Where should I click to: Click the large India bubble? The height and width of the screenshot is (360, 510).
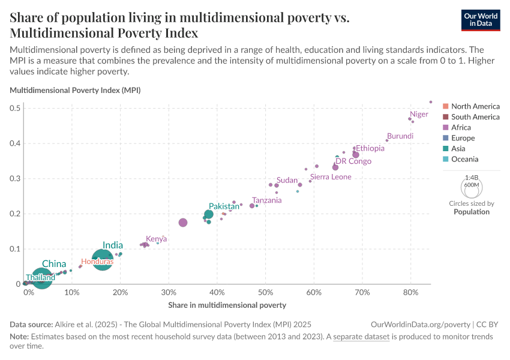103,260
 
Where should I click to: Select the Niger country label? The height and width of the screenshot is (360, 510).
419,114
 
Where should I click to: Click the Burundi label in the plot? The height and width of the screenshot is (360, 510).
400,136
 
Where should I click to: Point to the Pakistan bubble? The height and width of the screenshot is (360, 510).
209,214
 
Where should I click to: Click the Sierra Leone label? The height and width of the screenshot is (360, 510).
331,177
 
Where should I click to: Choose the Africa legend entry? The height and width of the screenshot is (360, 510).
461,127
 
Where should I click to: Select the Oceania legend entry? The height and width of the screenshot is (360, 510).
464,159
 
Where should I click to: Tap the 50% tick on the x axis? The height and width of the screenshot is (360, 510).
265,293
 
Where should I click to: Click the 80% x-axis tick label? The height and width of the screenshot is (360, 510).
410,293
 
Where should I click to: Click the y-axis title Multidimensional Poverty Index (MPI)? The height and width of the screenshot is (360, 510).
75,90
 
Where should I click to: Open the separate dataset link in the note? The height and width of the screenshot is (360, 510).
362,337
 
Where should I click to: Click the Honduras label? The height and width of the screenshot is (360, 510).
97,262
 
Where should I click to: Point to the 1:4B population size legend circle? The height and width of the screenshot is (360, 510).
472,179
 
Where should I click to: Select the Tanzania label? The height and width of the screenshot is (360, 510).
266,200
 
